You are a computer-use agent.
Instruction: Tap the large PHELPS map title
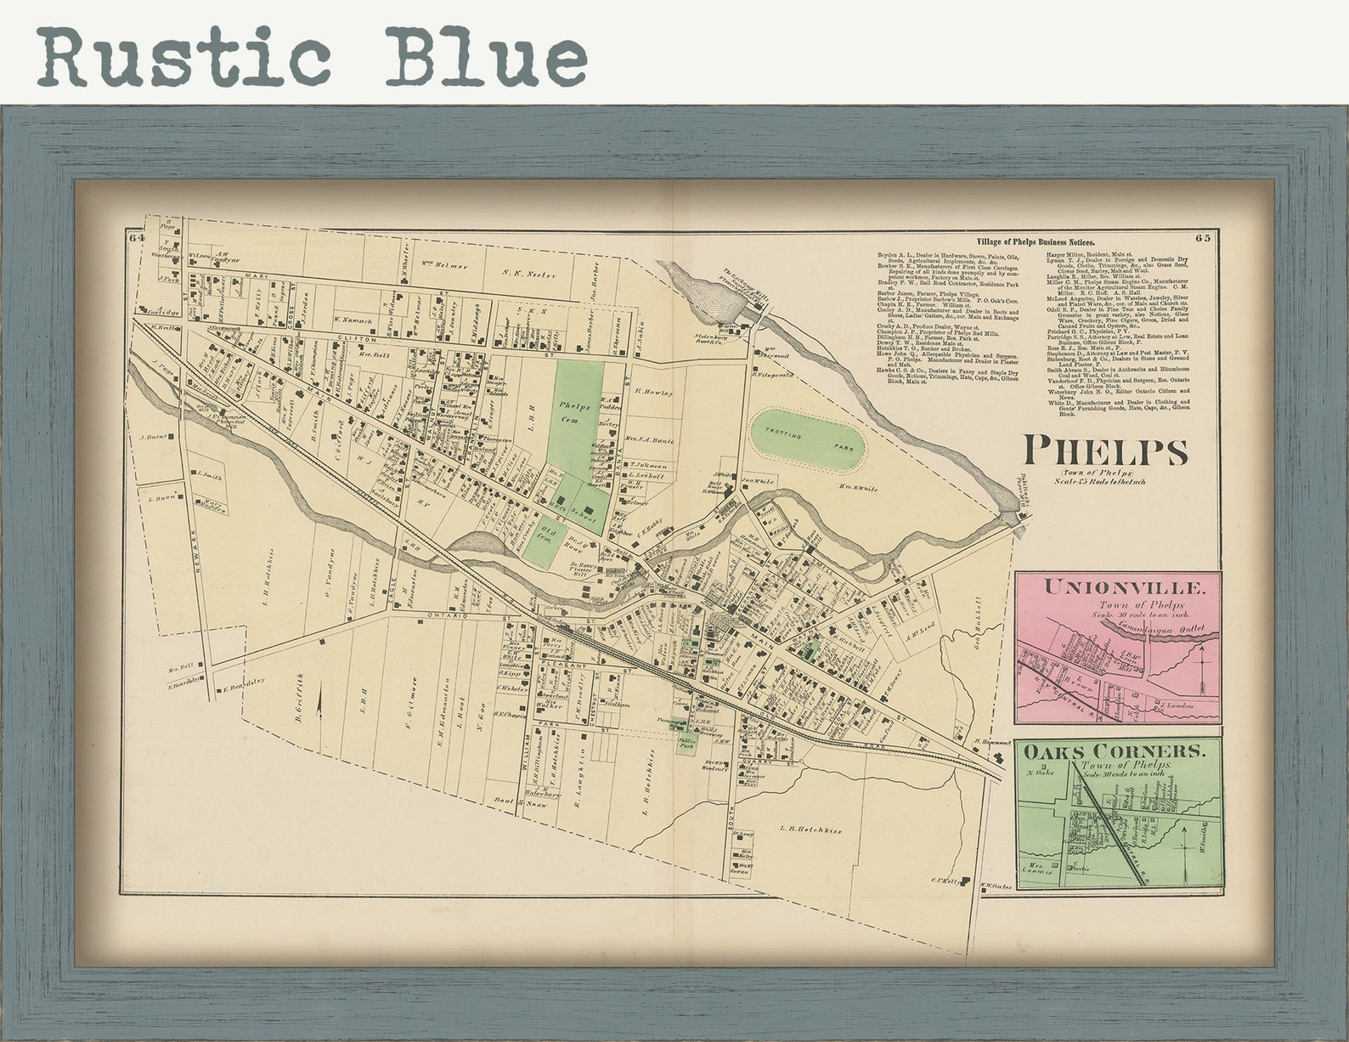click(x=1103, y=450)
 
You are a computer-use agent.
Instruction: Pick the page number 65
click(x=1205, y=237)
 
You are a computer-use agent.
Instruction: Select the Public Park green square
click(x=686, y=743)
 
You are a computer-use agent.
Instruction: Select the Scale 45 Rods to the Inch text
click(x=1101, y=482)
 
